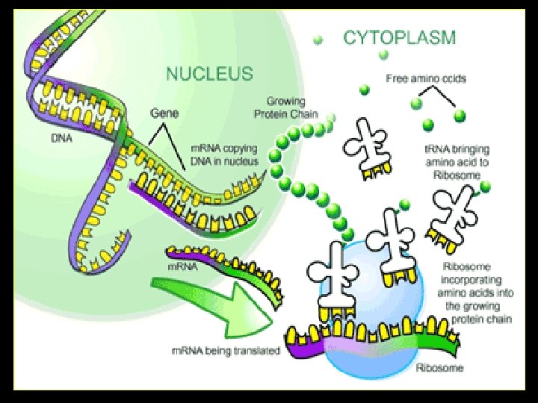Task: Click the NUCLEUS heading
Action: coord(209,74)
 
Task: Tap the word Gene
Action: coord(164,113)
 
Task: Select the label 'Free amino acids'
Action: coord(425,78)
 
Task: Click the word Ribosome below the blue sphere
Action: coord(441,367)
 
